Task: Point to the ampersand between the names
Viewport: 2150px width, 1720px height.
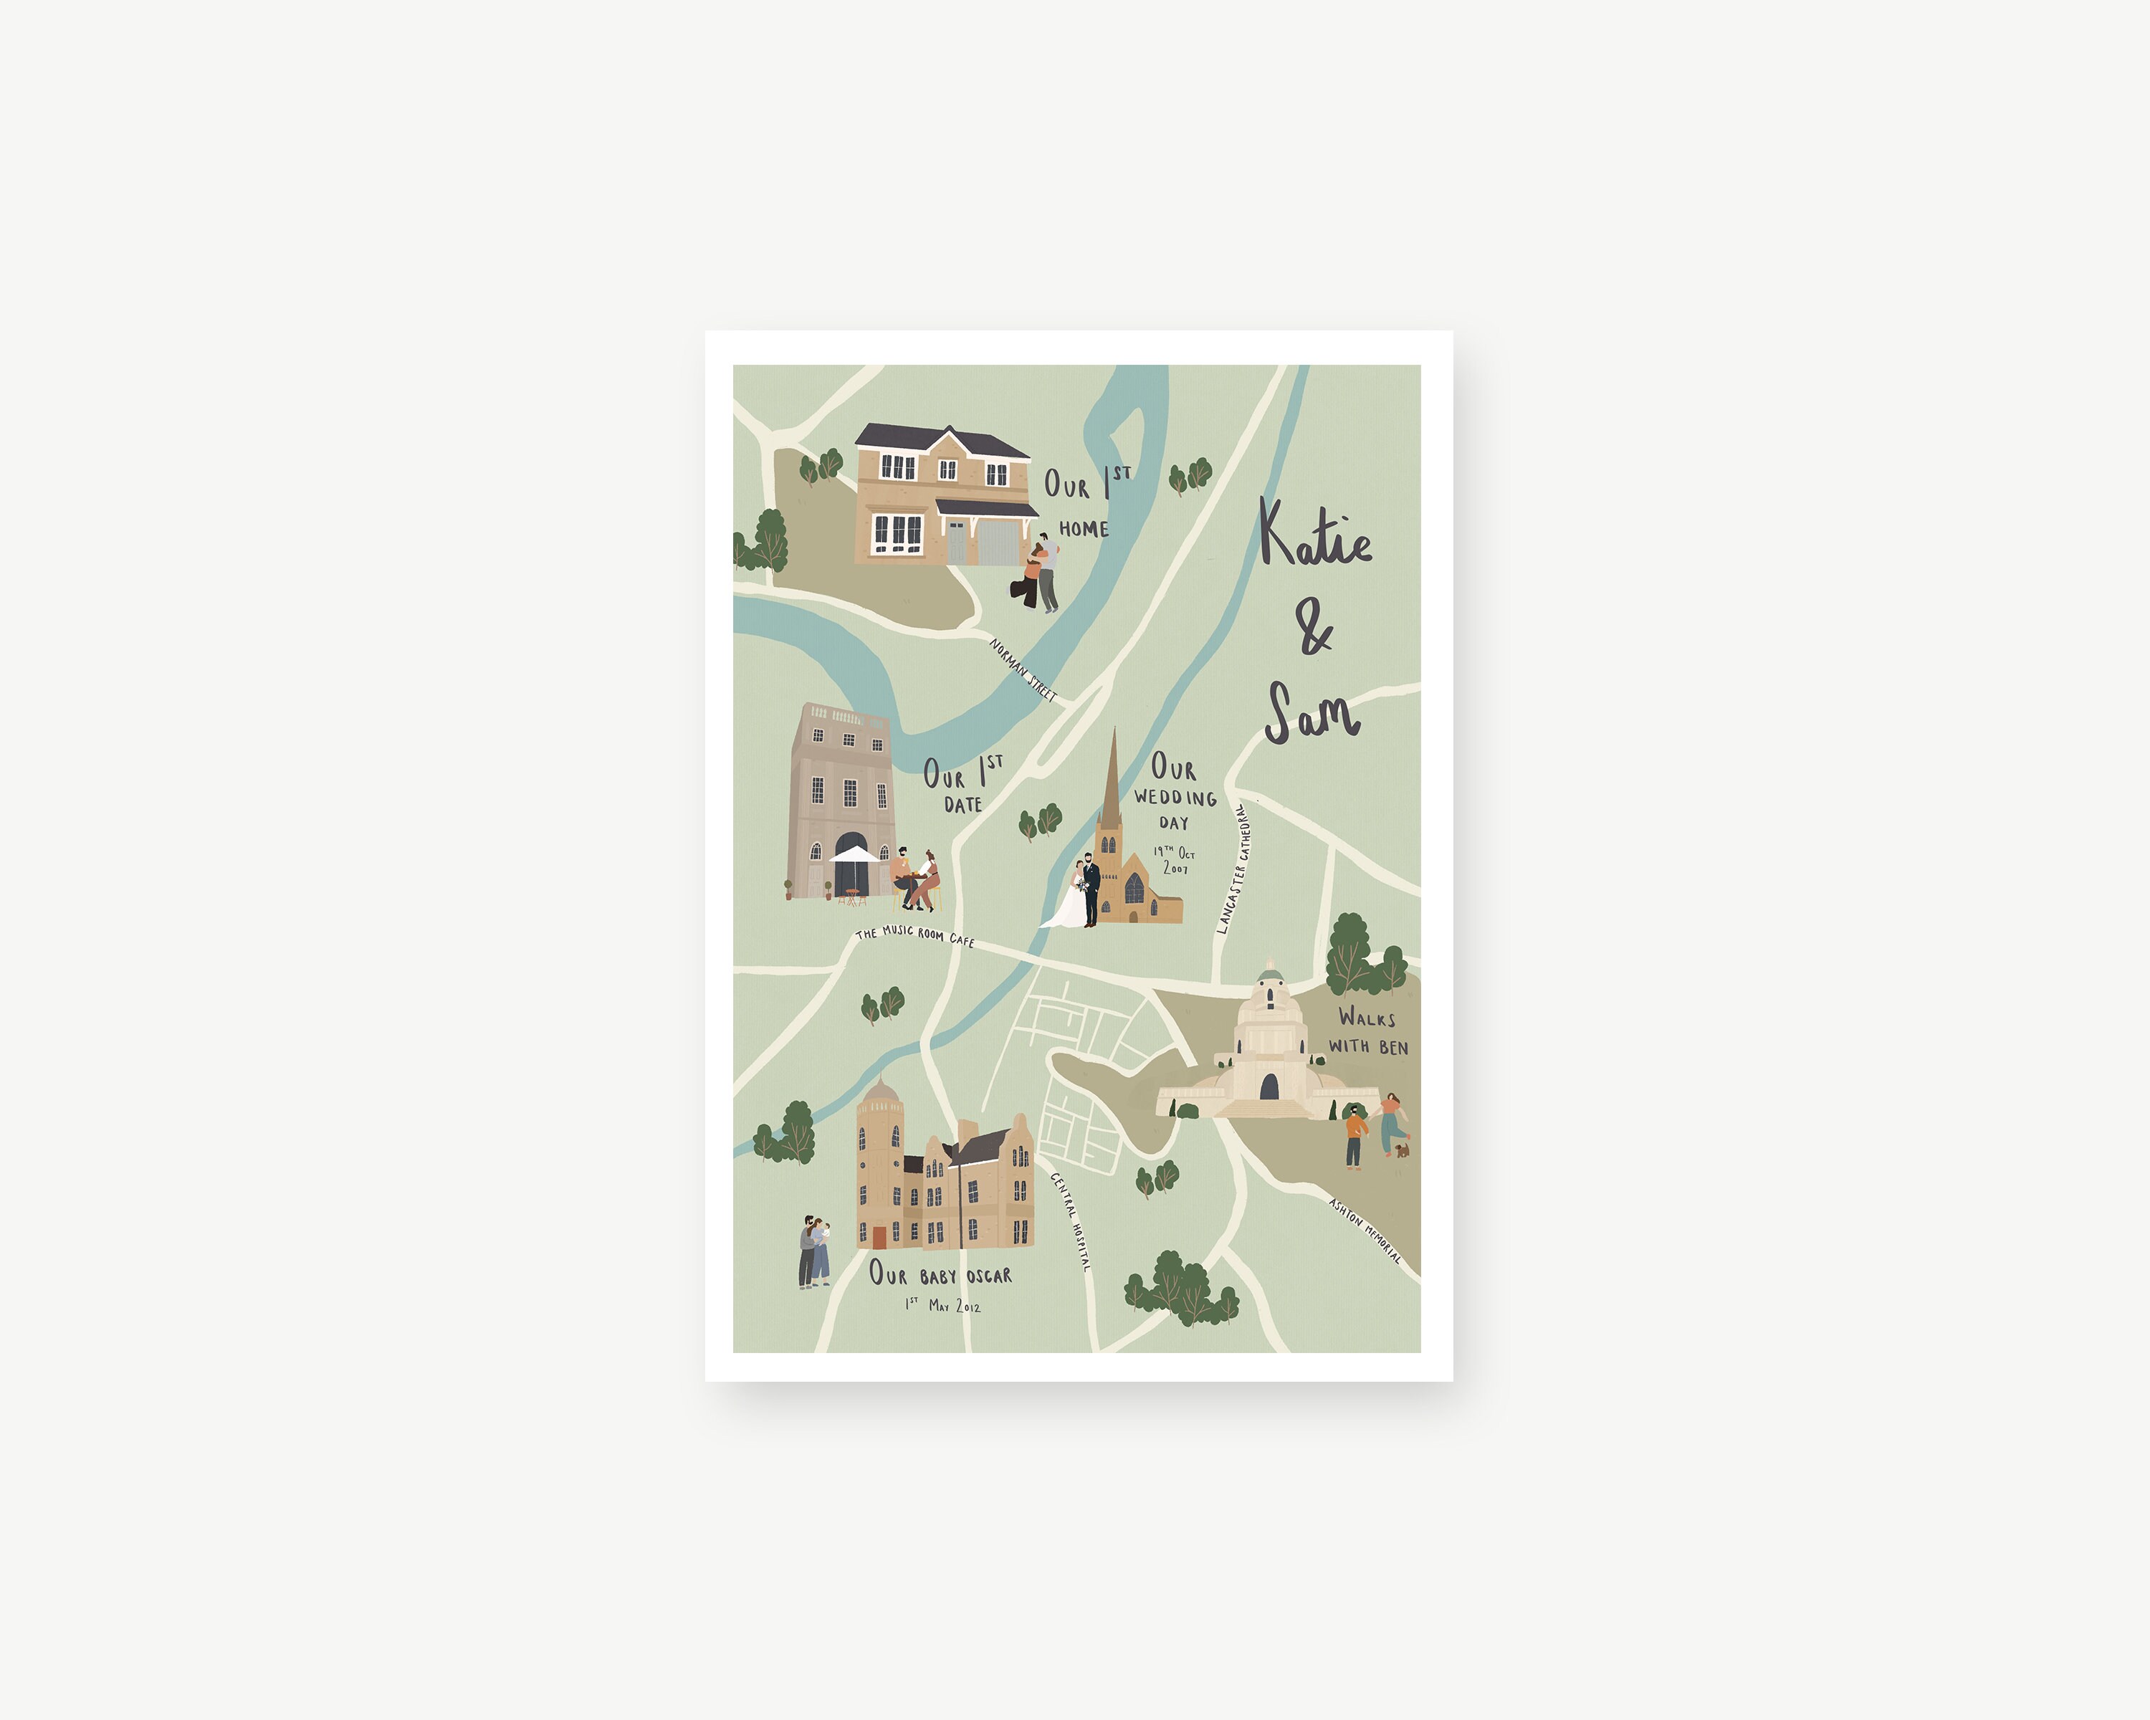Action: tap(1314, 627)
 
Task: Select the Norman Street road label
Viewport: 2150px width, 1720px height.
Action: tap(1022, 669)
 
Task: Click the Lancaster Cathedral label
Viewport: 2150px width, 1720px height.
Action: tap(1231, 869)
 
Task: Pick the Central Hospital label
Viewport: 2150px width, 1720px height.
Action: tap(1070, 1220)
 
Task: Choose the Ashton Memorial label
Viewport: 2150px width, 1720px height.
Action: tap(1365, 1231)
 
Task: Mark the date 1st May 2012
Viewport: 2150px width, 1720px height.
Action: tap(942, 1305)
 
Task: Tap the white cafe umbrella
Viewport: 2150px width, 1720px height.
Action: tap(854, 854)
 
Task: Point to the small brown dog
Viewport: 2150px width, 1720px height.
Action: tap(1402, 1150)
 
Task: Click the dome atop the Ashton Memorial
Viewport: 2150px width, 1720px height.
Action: tap(1269, 973)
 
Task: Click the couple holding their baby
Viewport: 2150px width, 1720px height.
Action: tap(813, 1251)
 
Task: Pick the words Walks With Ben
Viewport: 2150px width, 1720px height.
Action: tap(1367, 1031)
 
